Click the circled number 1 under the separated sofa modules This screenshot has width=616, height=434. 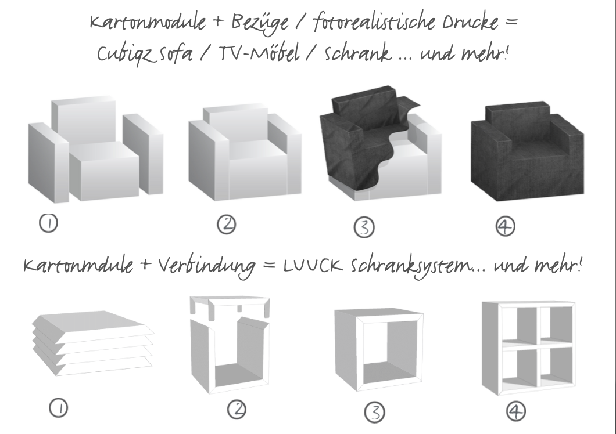coord(48,223)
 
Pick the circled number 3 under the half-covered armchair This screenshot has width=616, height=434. coord(364,228)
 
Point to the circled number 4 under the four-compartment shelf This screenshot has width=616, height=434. coord(516,411)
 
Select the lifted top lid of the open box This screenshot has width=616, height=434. coord(230,305)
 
